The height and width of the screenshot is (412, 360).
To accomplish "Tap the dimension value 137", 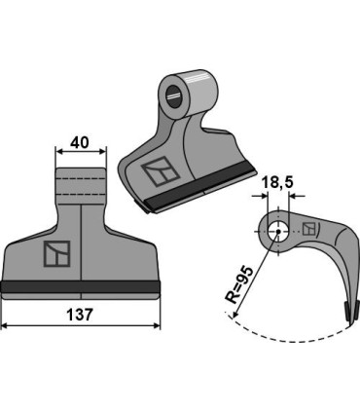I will click(83, 314).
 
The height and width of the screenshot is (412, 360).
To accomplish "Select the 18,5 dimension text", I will click(275, 181).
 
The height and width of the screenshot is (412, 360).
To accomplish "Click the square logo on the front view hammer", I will click(55, 253).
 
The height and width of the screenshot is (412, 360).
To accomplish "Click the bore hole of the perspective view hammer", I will click(176, 95).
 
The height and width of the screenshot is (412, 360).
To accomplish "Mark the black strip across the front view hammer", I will click(81, 286).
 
